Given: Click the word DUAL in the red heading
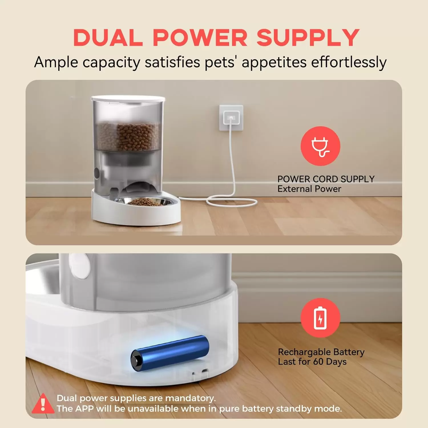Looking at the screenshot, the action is [x=108, y=38].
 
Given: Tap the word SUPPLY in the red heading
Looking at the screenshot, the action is [x=308, y=38].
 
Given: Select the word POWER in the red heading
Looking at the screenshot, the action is [x=200, y=38].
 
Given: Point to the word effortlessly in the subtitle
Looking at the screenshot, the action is [x=349, y=62].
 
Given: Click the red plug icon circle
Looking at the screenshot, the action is [x=320, y=146].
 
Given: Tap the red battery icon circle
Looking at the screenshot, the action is [x=320, y=318].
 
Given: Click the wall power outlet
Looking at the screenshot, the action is [x=231, y=118].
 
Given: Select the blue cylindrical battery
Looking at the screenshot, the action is [x=170, y=353].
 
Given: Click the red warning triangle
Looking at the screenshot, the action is [x=43, y=403].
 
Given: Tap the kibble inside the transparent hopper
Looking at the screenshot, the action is [x=128, y=136].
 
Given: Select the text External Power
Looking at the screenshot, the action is [x=309, y=189].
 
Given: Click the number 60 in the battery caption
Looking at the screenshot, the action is [x=318, y=362].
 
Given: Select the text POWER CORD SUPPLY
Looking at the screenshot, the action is [x=326, y=179].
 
